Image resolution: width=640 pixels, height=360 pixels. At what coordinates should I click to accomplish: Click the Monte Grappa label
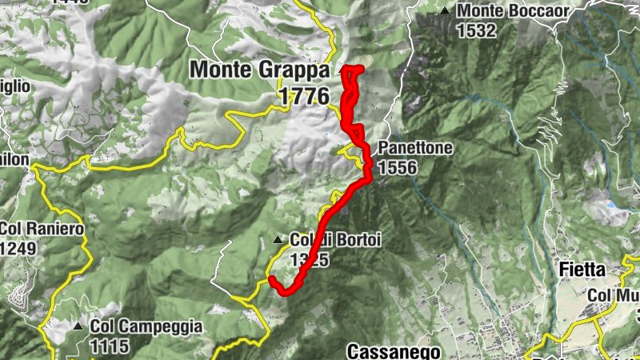(x=259, y=70)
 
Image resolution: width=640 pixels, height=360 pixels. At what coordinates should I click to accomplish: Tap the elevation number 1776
(x=305, y=96)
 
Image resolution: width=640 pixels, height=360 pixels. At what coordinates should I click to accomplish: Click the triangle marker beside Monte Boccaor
(x=445, y=11)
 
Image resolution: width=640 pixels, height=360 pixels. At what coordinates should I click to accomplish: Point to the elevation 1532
(x=478, y=31)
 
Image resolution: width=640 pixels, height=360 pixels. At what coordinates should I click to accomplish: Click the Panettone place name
(x=416, y=149)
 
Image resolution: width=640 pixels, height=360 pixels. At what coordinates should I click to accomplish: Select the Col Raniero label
(x=42, y=230)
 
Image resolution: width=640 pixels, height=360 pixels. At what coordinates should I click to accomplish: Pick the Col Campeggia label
(x=146, y=326)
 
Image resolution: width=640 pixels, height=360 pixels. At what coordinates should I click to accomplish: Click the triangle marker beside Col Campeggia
(x=78, y=326)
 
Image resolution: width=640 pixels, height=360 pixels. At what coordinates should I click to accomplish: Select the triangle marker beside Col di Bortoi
(x=278, y=239)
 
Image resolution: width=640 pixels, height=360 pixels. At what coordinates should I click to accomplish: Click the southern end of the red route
(x=272, y=279)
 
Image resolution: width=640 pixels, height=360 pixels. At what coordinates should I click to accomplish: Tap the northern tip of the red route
(x=353, y=69)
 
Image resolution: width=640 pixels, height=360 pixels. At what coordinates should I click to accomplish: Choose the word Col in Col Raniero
(x=13, y=230)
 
